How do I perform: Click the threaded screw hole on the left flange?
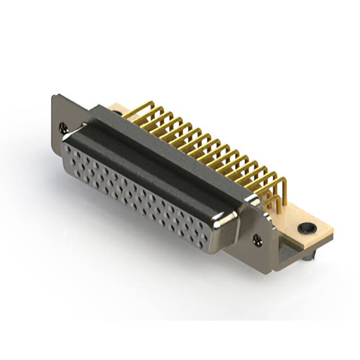63,128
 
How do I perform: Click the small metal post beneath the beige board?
310,256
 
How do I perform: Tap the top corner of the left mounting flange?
54,97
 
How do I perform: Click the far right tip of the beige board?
331,231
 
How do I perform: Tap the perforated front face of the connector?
135,191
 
